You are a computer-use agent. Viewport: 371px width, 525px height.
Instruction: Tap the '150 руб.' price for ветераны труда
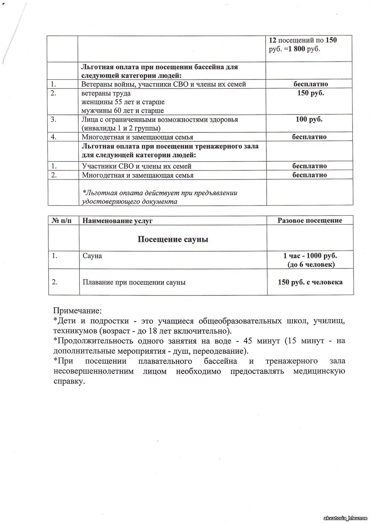(310, 93)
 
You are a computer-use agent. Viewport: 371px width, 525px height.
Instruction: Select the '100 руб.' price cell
(309, 119)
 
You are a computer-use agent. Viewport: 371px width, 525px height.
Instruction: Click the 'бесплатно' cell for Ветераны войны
(310, 84)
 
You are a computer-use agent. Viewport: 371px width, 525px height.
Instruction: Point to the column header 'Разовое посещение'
(309, 220)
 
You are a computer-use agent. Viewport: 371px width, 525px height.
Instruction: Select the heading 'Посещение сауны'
(173, 239)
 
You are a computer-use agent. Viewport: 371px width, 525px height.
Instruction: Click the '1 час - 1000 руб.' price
(310, 255)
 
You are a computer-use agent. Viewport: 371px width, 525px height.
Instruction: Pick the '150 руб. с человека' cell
(310, 282)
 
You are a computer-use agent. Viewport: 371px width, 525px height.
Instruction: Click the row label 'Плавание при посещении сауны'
(134, 282)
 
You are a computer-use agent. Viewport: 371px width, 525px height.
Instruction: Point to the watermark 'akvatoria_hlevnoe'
(346, 518)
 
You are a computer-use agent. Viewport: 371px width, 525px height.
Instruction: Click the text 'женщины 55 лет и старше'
(123, 102)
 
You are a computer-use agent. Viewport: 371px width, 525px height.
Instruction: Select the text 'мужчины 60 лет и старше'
(123, 111)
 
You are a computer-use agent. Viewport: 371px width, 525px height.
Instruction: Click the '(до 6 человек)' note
(311, 265)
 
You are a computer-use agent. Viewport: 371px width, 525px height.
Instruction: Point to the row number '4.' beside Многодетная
(53, 137)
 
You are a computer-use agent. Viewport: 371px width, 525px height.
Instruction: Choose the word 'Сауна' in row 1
(92, 256)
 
